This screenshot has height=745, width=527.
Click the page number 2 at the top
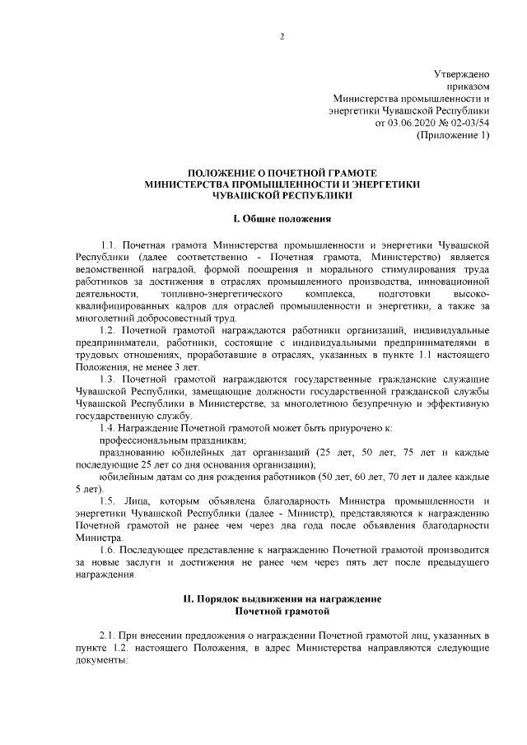(282, 35)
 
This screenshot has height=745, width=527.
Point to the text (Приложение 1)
(454, 135)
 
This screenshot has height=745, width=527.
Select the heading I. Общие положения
(282, 220)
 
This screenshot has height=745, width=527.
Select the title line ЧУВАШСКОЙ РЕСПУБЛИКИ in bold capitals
(282, 196)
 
